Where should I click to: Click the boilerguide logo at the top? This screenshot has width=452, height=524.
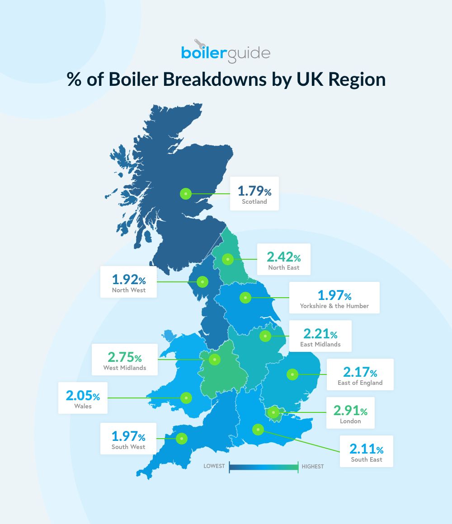[x=226, y=53]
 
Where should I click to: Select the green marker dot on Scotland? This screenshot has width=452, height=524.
[x=186, y=193]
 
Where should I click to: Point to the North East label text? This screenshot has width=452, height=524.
[x=283, y=267]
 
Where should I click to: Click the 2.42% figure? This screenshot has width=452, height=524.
[x=283, y=257]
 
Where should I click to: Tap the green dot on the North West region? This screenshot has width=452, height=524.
[x=202, y=282]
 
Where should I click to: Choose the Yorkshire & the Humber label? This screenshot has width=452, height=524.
[x=334, y=306]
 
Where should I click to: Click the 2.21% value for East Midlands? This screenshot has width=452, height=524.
[x=320, y=334]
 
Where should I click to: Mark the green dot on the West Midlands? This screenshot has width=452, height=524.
[x=214, y=360]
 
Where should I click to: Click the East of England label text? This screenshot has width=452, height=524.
[x=360, y=383]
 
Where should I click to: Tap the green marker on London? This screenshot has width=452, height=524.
[x=273, y=412]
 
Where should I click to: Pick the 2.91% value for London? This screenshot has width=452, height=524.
[x=350, y=411]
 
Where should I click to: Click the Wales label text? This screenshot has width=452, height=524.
[x=83, y=406]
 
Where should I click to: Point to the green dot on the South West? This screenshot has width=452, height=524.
[x=182, y=438]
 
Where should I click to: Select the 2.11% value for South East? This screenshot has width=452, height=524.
[x=366, y=449]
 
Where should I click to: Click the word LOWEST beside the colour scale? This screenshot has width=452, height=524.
[x=214, y=466]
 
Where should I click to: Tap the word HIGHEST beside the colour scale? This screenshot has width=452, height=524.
[x=313, y=466]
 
